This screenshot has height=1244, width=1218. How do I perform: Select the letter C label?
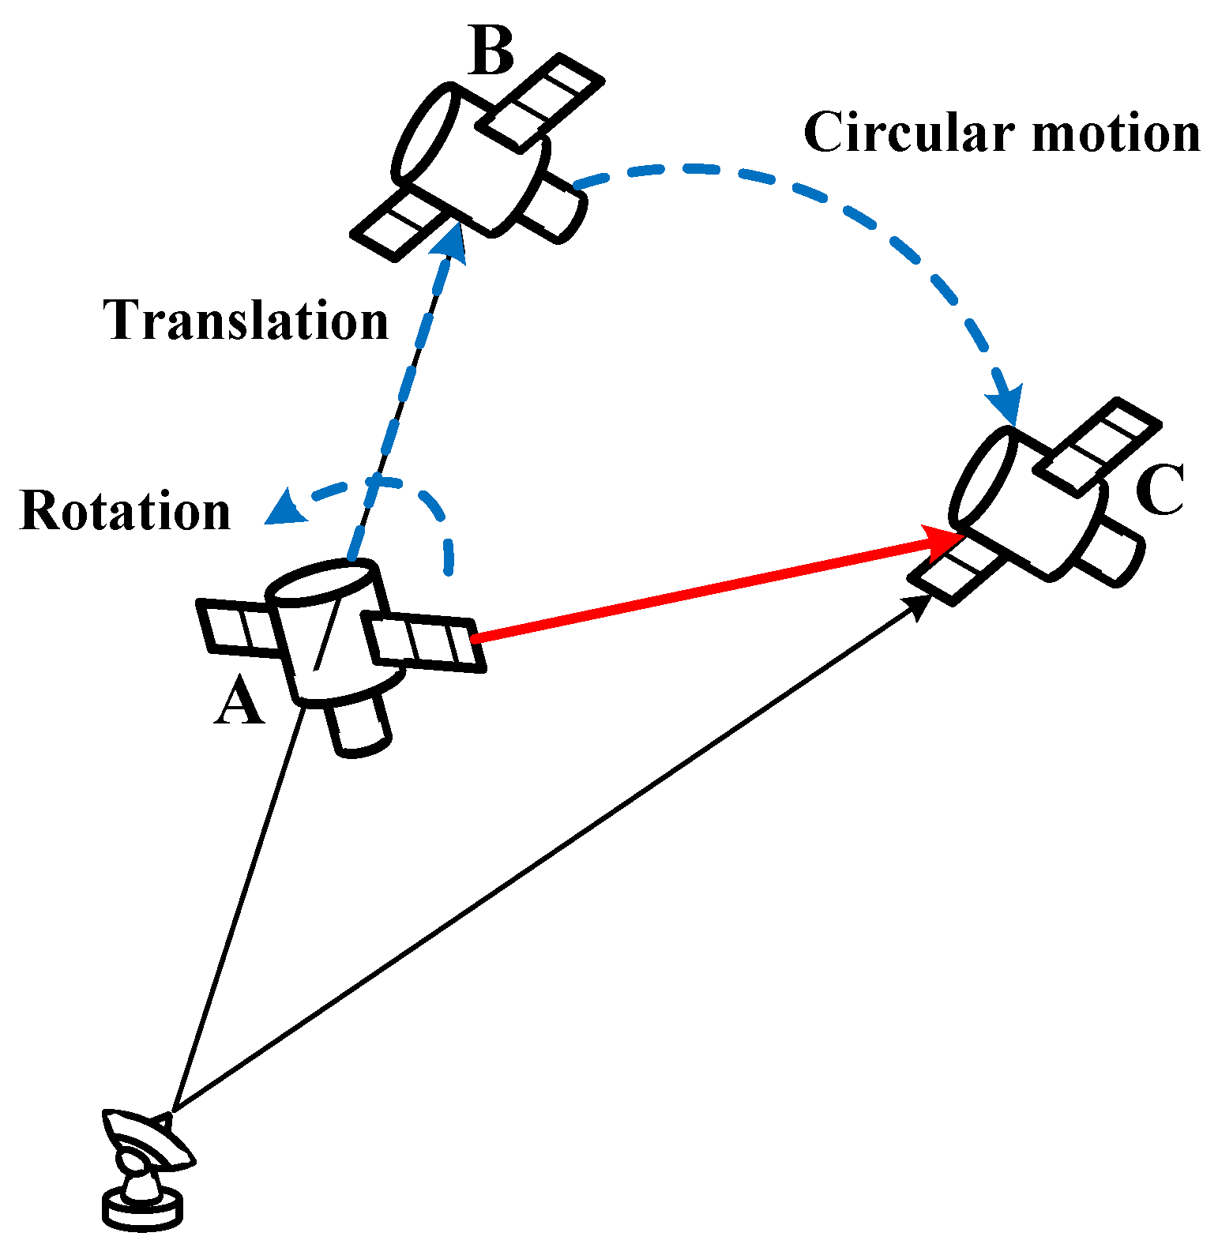[1159, 490]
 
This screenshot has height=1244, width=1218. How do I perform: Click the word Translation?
[246, 321]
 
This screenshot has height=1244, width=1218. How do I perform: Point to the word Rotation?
[125, 511]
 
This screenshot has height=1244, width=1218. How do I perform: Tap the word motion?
[1116, 133]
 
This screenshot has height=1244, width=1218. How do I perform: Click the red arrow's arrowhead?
[944, 541]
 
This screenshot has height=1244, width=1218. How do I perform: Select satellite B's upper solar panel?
[541, 101]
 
